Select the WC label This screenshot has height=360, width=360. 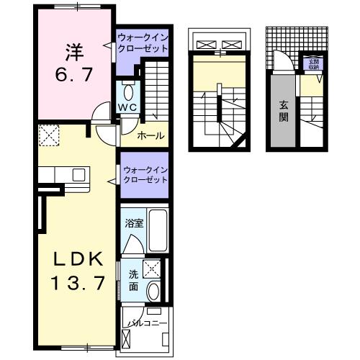(127, 107)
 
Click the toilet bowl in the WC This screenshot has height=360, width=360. (128, 91)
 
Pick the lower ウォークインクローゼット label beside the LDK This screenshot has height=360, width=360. (144, 174)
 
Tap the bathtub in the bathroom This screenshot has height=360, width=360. (158, 232)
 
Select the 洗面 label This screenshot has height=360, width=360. (134, 279)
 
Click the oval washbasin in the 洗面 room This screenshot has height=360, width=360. (153, 291)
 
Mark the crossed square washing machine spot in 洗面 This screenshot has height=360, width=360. (153, 269)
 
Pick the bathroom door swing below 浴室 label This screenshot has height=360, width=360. (133, 245)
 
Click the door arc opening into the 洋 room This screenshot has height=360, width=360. (104, 112)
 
